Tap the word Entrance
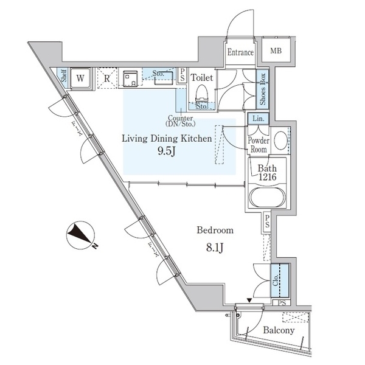click(240, 52)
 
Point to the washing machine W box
click(80, 77)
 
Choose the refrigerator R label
click(106, 78)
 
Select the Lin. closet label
click(257, 119)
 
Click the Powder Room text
click(258, 144)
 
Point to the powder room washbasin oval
click(280, 141)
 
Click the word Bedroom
click(215, 231)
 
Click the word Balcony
click(279, 331)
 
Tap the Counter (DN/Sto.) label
click(181, 120)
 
